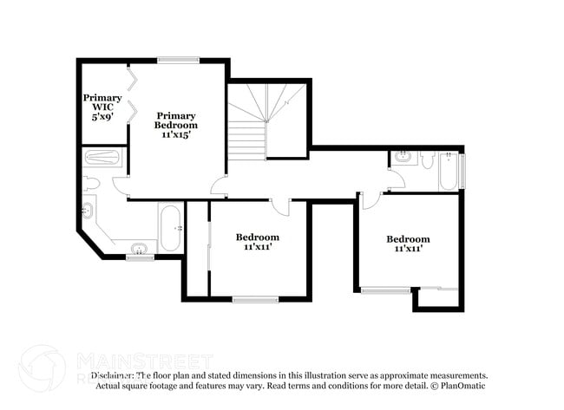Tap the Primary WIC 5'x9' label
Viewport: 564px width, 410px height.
[x=102, y=107]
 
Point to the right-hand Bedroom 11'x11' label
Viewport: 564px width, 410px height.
[x=408, y=244]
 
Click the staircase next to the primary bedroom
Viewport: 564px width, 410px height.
[x=267, y=121]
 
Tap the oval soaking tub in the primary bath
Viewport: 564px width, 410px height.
[x=171, y=228]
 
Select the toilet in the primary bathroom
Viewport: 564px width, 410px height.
[x=91, y=183]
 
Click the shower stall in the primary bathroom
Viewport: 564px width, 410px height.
[x=103, y=159]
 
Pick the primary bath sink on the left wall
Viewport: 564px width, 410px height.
[x=88, y=211]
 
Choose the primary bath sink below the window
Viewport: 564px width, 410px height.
[x=139, y=249]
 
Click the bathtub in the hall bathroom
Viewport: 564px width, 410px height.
[x=448, y=171]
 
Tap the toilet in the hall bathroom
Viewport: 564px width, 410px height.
[x=427, y=159]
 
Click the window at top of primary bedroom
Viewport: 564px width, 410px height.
[x=178, y=60]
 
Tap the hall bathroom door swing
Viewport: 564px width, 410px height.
[x=395, y=179]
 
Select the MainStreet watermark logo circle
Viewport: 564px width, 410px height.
[x=42, y=368]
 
